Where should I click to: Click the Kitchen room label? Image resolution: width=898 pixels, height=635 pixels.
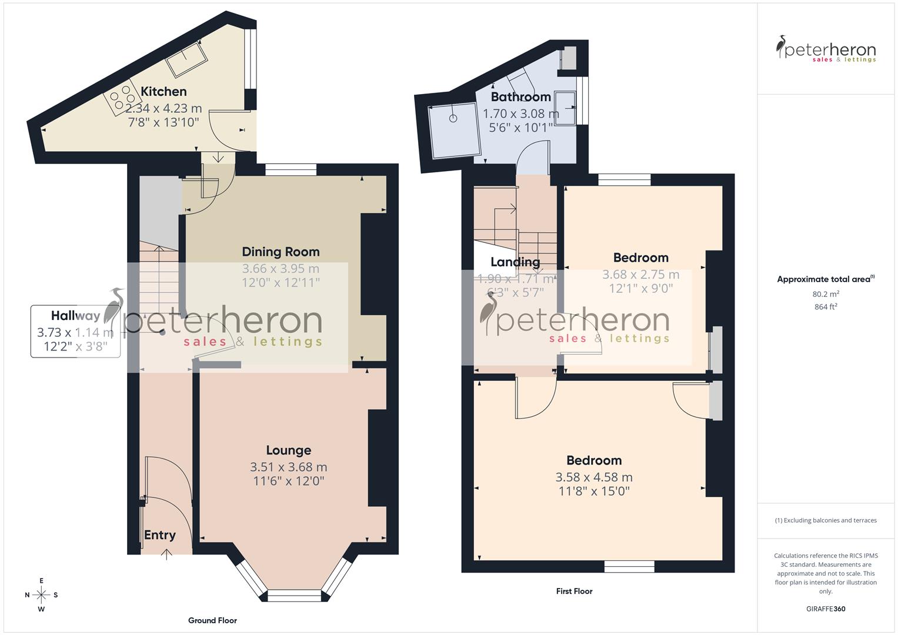(163, 91)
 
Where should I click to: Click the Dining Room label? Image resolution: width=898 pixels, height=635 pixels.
(281, 252)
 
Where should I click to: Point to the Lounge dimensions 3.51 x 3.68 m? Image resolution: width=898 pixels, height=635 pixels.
(288, 467)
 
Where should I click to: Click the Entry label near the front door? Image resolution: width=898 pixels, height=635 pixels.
(159, 534)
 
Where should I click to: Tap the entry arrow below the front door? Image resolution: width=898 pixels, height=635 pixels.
(167, 553)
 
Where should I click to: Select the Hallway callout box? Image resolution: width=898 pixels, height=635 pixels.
(75, 331)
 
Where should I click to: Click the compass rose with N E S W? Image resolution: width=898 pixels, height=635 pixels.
(41, 594)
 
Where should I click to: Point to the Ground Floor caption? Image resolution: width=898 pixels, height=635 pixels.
(212, 620)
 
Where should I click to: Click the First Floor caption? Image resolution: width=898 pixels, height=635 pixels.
(574, 591)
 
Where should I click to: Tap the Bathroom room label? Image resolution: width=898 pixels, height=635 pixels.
(520, 96)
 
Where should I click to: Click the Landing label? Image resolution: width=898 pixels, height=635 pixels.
(515, 262)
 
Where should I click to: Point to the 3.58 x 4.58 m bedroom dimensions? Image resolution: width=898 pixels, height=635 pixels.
(594, 477)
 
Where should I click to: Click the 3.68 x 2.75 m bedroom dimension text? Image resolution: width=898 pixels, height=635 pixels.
(640, 275)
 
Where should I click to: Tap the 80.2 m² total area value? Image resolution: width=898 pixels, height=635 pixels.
(826, 293)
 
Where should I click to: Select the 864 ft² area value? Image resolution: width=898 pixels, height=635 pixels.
(826, 306)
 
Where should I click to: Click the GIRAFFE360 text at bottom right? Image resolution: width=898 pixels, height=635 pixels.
(826, 609)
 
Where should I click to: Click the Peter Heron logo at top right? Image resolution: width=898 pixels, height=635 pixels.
(826, 49)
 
